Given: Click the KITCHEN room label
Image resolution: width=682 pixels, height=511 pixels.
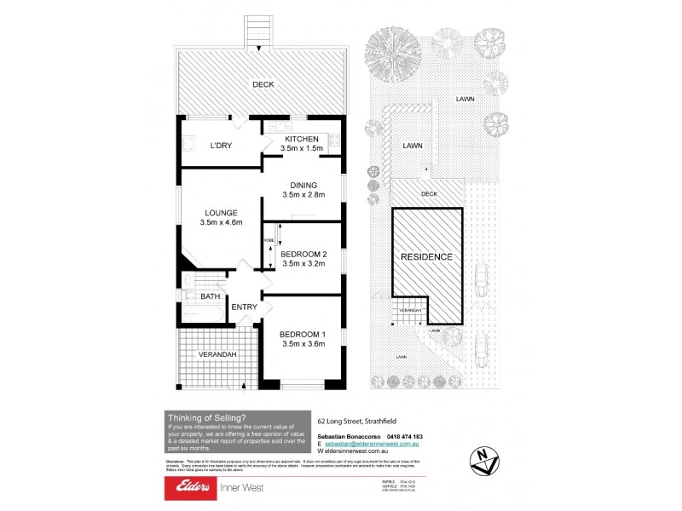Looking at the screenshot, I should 301,139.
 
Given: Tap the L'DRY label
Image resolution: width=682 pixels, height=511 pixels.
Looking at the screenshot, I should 222,146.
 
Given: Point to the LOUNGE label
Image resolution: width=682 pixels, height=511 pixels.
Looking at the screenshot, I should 220,212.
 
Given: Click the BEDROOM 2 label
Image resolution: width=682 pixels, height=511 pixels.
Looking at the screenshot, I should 304,253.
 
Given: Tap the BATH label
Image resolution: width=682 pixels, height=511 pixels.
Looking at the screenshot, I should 210,296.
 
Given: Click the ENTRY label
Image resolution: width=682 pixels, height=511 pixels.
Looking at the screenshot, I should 244,307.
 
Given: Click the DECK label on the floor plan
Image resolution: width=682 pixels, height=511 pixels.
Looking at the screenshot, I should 263,84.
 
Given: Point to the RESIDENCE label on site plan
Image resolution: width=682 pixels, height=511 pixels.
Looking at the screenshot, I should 427,255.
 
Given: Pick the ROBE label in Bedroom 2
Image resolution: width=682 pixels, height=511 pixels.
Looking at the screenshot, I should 268,242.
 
